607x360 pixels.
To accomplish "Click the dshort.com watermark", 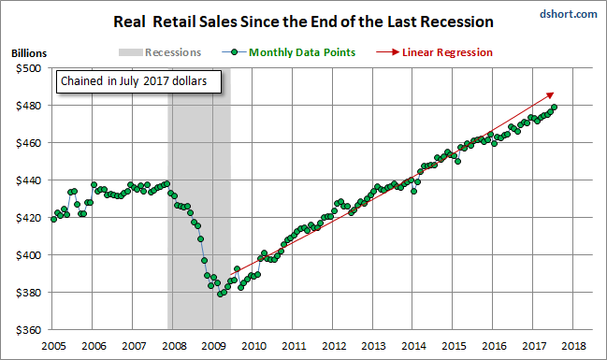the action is [x=569, y=14].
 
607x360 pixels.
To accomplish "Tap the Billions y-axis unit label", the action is [x=29, y=53].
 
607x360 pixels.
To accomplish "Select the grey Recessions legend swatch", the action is [x=130, y=52].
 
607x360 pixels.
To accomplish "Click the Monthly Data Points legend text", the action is [x=302, y=52].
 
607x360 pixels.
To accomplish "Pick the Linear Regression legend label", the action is [x=447, y=52].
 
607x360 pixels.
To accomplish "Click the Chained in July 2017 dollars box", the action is [x=139, y=81].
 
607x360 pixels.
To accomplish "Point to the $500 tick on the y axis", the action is [x=28, y=68].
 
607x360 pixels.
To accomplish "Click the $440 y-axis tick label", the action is [x=28, y=180].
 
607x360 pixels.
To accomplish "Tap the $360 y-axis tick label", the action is [x=28, y=330].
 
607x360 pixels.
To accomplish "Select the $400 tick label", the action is [x=28, y=255].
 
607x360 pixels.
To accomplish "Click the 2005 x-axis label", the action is [x=53, y=346].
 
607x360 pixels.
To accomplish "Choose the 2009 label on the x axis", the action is [x=213, y=346].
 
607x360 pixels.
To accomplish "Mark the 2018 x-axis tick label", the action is [x=573, y=346].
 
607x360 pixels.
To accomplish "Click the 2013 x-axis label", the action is [x=373, y=346].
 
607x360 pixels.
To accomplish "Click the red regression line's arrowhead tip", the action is [x=554, y=93].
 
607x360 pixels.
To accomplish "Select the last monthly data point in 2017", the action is [x=554, y=107].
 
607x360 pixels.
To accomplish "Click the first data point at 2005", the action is [x=54, y=219].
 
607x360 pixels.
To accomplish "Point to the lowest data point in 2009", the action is [x=220, y=295].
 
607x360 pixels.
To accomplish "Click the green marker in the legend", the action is [x=234, y=52].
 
